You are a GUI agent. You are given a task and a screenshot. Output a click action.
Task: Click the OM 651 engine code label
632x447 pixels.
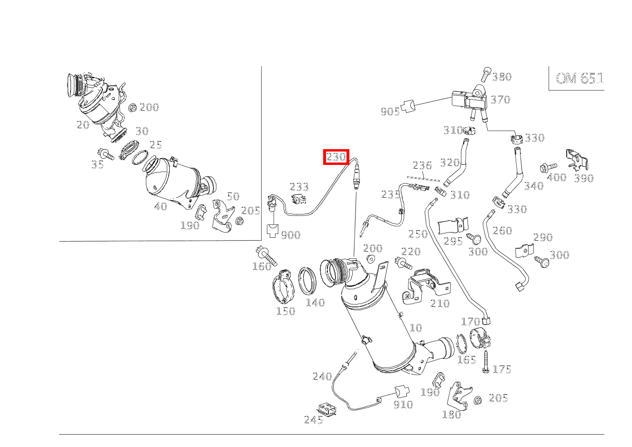(579, 79)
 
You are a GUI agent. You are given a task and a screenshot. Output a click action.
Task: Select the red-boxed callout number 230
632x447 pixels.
(336, 157)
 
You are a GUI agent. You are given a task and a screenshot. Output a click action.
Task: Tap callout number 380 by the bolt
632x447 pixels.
(502, 77)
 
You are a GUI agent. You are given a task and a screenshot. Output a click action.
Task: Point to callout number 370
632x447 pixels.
(500, 100)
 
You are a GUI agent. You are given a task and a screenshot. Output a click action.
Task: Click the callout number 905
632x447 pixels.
(390, 112)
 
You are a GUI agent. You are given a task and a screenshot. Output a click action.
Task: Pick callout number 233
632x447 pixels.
(299, 187)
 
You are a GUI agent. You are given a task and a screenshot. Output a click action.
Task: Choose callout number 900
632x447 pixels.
(291, 235)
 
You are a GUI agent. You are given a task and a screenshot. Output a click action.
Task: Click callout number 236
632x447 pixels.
(422, 165)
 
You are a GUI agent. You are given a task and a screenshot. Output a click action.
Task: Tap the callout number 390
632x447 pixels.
(584, 178)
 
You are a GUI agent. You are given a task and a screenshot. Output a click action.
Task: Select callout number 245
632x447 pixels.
(314, 420)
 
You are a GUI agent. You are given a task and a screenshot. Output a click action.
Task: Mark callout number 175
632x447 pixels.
(502, 369)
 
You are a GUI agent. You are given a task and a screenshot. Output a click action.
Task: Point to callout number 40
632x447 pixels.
(161, 206)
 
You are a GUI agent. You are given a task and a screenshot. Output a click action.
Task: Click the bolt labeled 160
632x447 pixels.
(266, 256)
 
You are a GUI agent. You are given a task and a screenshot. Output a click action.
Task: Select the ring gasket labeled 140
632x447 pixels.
(307, 281)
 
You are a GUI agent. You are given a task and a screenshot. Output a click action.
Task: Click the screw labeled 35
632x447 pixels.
(105, 154)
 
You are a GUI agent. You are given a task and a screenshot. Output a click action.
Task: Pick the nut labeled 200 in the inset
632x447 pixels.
(133, 108)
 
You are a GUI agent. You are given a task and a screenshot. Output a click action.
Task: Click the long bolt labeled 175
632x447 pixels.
(486, 362)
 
